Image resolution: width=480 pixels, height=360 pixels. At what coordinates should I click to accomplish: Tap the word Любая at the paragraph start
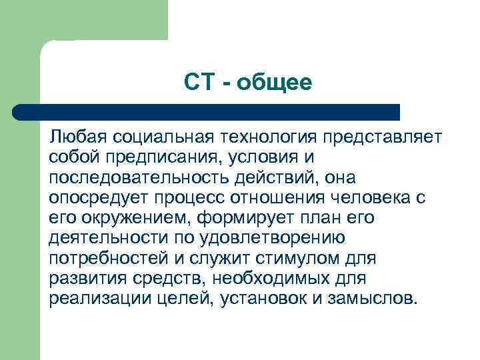coord(78,137)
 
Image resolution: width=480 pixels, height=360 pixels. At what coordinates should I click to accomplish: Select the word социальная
coord(163,137)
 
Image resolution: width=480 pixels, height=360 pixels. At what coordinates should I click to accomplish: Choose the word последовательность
coord(149,178)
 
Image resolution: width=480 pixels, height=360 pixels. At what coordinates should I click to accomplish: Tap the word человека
coord(373,198)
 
